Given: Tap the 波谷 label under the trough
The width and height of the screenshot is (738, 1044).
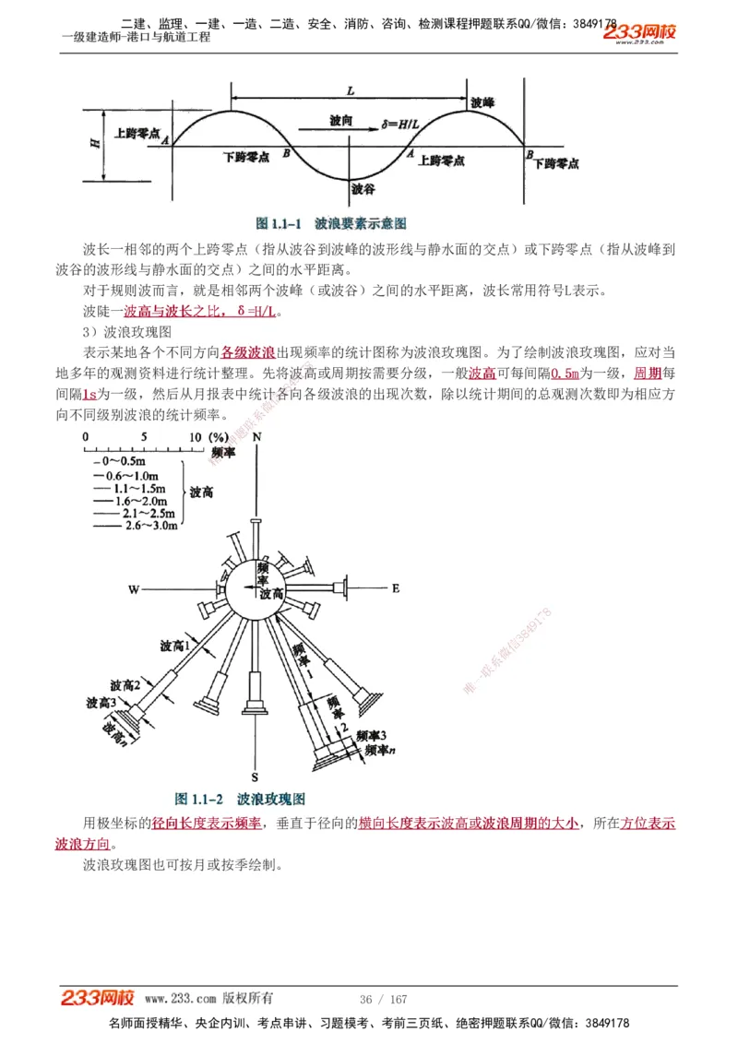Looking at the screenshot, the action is click(x=363, y=188).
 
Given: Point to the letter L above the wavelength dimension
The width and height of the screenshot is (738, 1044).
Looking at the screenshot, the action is click(x=351, y=90).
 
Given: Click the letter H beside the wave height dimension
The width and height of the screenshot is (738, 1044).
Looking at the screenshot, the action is click(x=96, y=144).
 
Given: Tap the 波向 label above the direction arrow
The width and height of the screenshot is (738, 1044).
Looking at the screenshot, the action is click(x=340, y=121).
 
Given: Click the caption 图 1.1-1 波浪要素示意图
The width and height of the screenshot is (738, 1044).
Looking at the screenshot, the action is click(x=331, y=223).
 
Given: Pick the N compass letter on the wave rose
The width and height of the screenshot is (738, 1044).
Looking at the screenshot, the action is click(x=257, y=435).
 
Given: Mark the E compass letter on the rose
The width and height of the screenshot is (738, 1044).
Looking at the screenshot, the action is click(x=396, y=587).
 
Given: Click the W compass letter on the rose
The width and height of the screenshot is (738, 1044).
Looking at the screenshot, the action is click(x=133, y=588).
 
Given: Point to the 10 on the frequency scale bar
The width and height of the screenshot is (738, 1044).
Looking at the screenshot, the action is click(x=195, y=436).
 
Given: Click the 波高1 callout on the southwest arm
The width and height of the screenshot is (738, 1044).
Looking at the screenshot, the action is click(x=174, y=646).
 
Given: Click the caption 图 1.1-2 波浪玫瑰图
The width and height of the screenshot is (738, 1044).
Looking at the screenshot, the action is click(x=240, y=799).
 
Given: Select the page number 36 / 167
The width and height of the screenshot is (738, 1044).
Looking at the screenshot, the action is click(x=383, y=1000).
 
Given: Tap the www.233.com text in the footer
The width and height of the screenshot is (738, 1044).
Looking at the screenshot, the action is click(x=181, y=999).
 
